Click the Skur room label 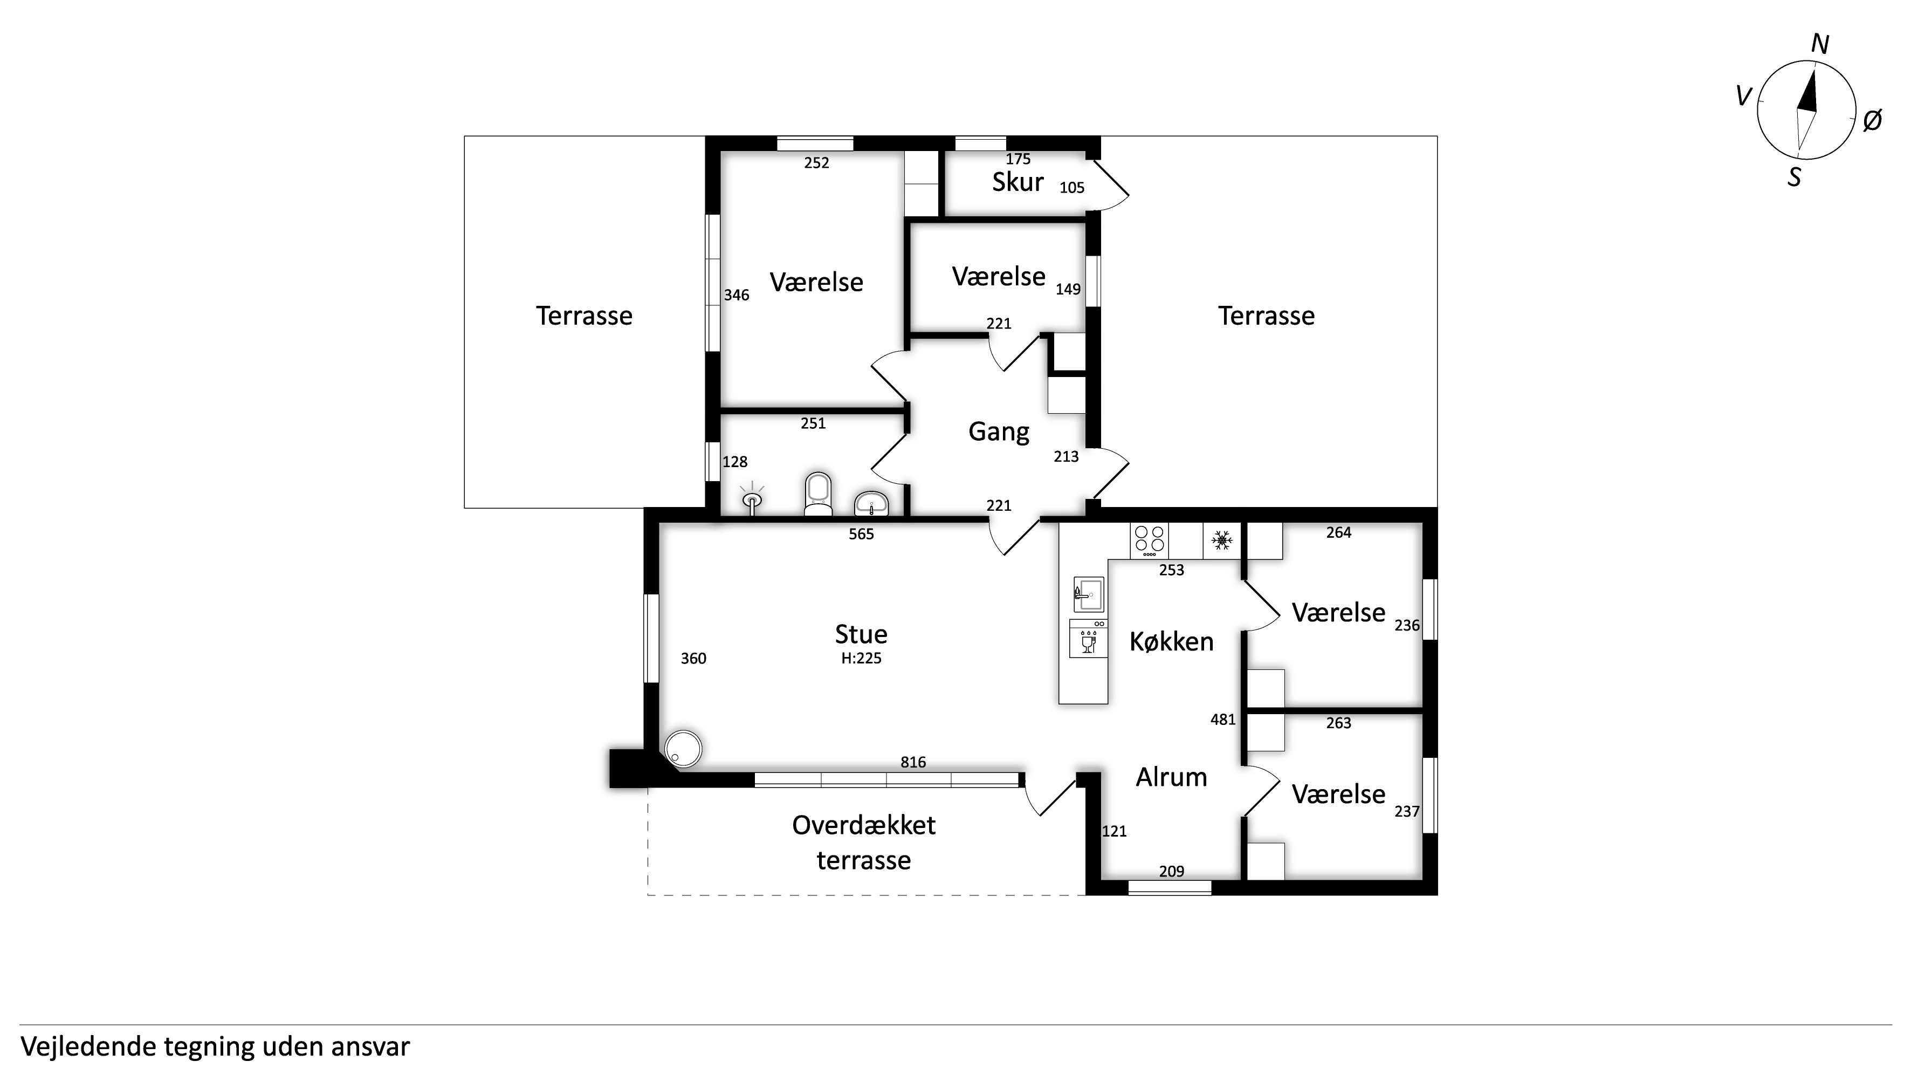1018,182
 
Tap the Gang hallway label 999,432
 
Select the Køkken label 1171,642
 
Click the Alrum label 1171,777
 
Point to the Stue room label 861,634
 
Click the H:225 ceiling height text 861,658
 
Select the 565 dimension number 861,534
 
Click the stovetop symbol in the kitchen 1149,541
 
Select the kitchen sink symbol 1088,594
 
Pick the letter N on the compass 1820,45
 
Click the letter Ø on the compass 1872,120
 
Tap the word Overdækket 863,825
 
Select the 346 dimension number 737,295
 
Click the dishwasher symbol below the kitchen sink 1088,639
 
